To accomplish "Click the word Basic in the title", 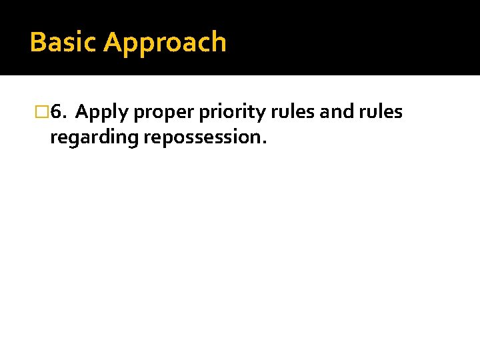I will tap(64, 42).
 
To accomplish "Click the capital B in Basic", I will tap(38, 42).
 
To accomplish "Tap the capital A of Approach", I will tap(113, 42).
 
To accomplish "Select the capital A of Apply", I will tap(83, 112).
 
